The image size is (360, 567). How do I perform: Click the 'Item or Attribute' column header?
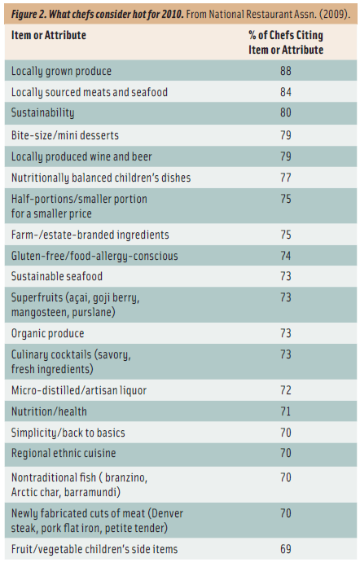(49, 36)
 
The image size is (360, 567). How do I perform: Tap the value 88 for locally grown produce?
(285, 72)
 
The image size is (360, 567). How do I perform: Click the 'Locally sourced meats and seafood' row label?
(90, 93)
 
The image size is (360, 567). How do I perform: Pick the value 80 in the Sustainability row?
(285, 113)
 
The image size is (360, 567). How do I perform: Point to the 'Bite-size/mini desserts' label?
(64, 134)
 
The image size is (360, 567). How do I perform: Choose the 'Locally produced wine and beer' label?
(81, 156)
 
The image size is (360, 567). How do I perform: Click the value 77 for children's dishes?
(285, 177)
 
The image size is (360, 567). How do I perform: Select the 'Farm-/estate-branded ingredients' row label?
(90, 235)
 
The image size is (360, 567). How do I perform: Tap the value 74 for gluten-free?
(285, 256)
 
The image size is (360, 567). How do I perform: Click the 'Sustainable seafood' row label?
(57, 277)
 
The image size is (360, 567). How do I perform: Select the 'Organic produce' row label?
(48, 333)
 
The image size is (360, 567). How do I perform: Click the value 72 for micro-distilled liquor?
(285, 390)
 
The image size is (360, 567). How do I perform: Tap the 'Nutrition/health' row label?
(49, 411)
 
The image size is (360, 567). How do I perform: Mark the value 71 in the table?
(285, 411)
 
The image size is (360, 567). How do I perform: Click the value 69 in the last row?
(285, 549)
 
